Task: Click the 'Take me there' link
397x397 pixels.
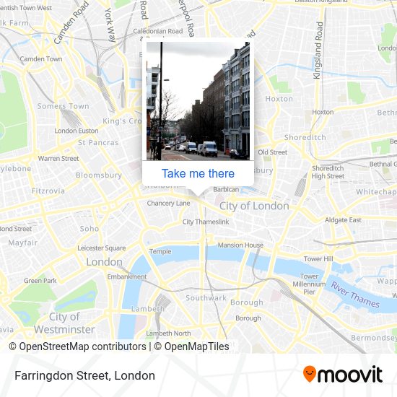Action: point(198,173)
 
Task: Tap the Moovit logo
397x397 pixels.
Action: point(342,375)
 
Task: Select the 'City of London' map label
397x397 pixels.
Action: point(254,206)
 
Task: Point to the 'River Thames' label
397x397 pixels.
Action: point(354,295)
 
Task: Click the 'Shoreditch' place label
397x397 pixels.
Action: point(305,137)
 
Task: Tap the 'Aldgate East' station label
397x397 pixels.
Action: point(343,219)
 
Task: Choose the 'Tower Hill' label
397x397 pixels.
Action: point(318,258)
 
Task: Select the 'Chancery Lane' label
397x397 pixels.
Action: point(168,204)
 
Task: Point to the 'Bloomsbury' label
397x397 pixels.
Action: point(99,175)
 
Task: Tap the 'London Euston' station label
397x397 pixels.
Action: point(76,131)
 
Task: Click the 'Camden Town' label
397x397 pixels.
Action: point(41,58)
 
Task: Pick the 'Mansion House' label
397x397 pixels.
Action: point(240,245)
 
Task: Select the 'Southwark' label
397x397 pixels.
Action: point(206,297)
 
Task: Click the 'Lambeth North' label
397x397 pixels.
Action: point(168,333)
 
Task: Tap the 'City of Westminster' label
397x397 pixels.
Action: point(65,323)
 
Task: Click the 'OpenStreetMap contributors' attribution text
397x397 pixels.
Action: point(82,346)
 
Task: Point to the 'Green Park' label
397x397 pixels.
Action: point(40,280)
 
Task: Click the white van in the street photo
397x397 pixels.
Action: point(209,149)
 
